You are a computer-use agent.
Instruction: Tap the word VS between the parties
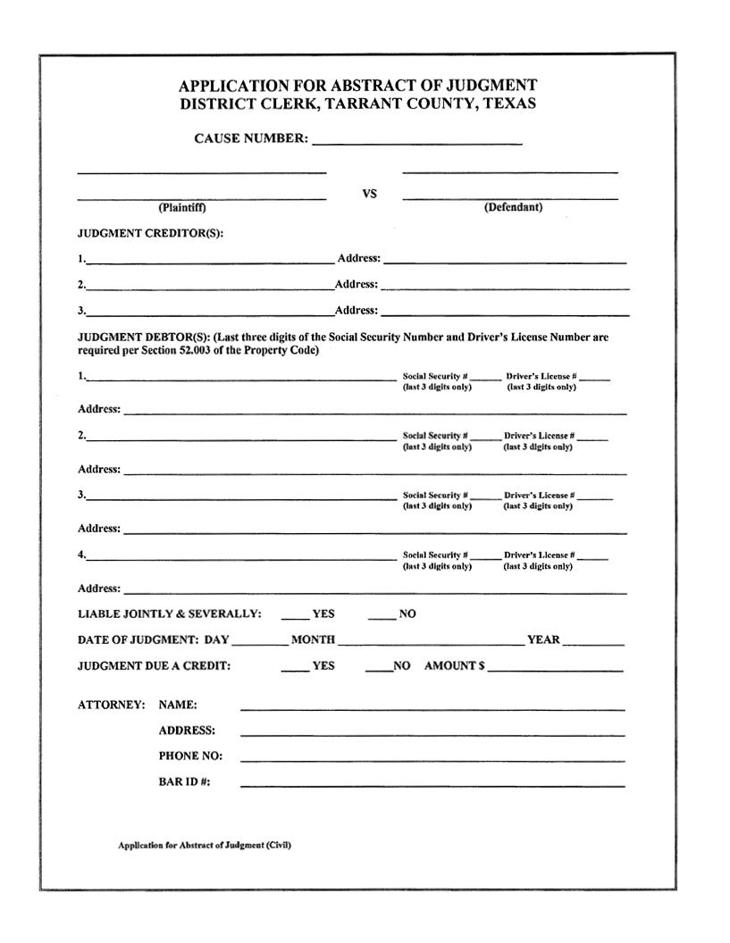369,194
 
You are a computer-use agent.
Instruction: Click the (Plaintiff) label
182,208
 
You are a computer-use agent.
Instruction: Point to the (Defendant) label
513,207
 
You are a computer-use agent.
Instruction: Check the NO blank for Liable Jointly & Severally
382,615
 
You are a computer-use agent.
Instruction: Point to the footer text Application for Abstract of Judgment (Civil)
205,845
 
